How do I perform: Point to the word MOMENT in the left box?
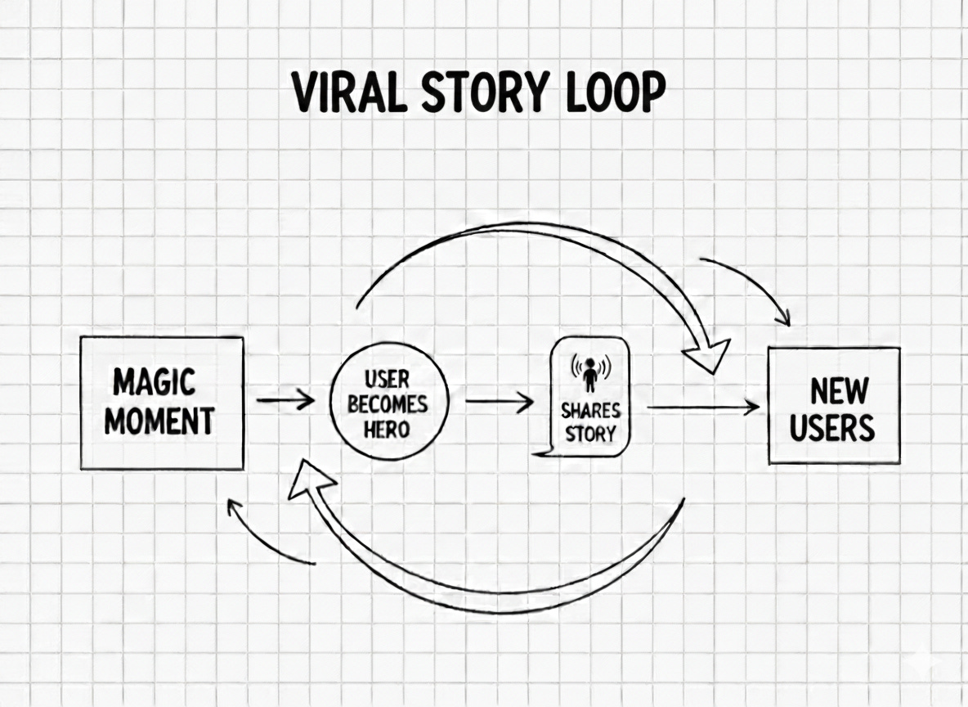point(159,421)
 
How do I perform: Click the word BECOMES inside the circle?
point(388,405)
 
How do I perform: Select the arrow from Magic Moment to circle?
point(285,401)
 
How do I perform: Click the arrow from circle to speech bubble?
point(500,402)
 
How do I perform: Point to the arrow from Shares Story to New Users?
point(703,406)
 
